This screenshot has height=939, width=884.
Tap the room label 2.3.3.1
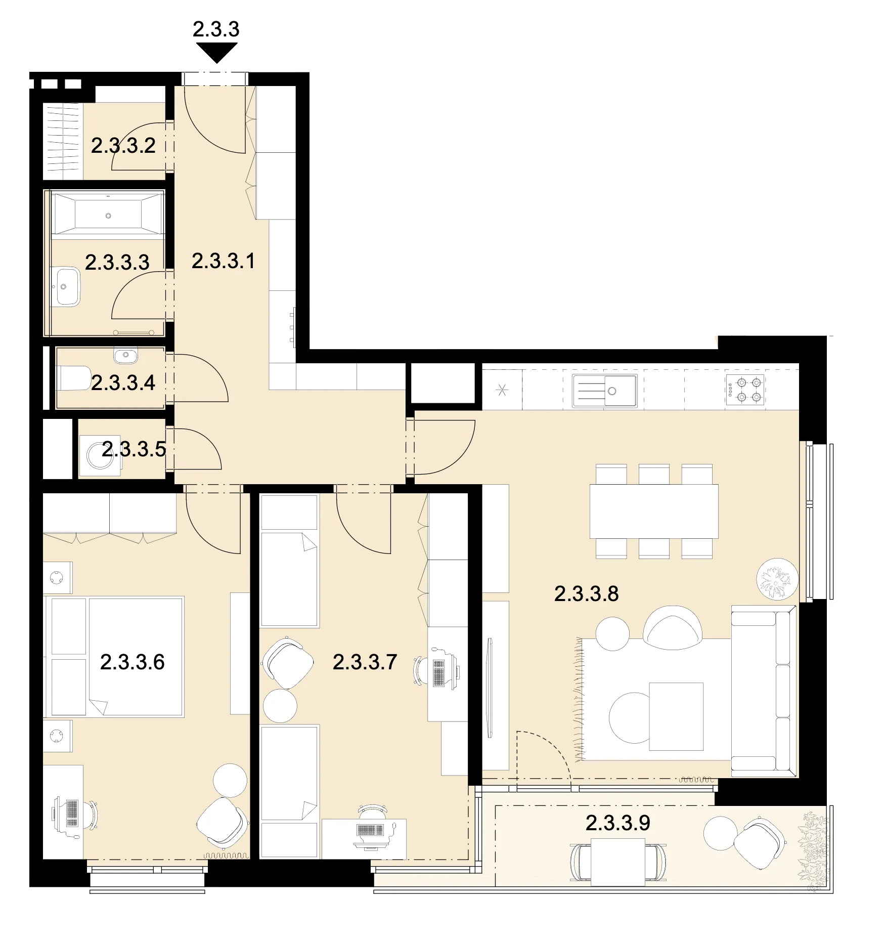coord(223,261)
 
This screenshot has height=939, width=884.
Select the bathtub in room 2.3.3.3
coord(108,215)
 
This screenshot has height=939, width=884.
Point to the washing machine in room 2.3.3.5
coord(100,455)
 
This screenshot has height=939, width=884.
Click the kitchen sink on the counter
coord(604,391)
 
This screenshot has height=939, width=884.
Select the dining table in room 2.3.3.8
coord(654,511)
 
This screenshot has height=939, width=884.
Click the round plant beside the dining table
coord(777,579)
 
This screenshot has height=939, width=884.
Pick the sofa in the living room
coord(764,691)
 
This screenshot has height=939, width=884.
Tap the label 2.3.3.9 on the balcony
coord(617,823)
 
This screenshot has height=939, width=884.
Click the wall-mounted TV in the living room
coord(489,688)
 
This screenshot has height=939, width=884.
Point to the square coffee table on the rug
coord(676,716)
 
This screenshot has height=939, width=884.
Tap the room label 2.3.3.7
coord(365,662)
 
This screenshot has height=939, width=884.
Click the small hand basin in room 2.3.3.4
coord(125,355)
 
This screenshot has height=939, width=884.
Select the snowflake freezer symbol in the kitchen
coord(502,390)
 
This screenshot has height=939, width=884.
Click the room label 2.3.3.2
coord(123,146)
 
